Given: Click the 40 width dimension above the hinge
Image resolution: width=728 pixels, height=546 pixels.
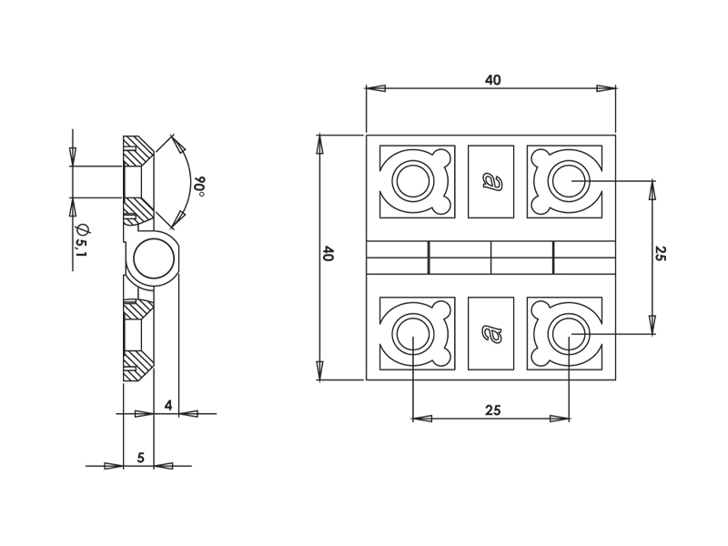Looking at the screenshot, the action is pyautogui.click(x=493, y=80).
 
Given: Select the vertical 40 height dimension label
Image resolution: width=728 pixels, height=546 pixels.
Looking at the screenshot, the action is pyautogui.click(x=328, y=254).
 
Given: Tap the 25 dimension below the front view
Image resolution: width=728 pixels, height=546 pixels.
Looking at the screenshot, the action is pyautogui.click(x=493, y=410).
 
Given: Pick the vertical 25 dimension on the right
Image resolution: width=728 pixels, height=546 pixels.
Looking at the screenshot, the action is pyautogui.click(x=661, y=254).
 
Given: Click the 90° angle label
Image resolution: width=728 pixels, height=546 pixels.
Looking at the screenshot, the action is pyautogui.click(x=199, y=187).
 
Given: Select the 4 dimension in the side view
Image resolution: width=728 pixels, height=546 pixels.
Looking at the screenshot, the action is pyautogui.click(x=168, y=405).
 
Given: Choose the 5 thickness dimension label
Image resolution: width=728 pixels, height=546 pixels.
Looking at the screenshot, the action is pyautogui.click(x=141, y=458).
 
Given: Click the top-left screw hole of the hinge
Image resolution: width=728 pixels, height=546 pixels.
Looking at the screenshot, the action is pyautogui.click(x=413, y=181).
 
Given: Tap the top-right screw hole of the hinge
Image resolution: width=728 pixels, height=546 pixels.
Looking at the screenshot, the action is pyautogui.click(x=569, y=181).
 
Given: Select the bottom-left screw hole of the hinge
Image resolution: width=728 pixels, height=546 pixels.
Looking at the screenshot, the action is pyautogui.click(x=413, y=334).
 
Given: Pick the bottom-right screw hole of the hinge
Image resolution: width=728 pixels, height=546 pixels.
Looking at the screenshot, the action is pyautogui.click(x=569, y=334).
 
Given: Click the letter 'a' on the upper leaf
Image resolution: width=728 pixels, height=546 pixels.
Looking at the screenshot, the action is pyautogui.click(x=491, y=181).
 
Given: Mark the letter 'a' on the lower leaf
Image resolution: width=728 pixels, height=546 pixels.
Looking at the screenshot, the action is pyautogui.click(x=491, y=333).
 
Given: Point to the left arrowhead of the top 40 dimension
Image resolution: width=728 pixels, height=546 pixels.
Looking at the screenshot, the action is pyautogui.click(x=376, y=88).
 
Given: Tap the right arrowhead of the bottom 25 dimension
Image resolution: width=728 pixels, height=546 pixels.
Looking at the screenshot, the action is pyautogui.click(x=560, y=419).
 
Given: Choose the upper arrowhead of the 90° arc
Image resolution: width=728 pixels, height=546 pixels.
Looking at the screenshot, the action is pyautogui.click(x=177, y=144).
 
